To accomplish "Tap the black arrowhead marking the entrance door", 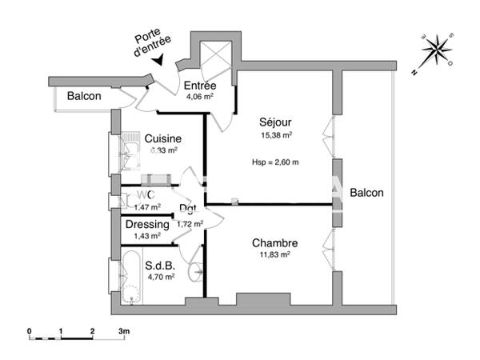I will [161, 59].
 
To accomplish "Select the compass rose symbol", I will [436, 50].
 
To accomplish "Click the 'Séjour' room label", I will [275, 122].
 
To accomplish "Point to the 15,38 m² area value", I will [275, 135].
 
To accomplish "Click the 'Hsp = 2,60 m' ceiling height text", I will [276, 162].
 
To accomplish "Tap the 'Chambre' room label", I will [274, 243].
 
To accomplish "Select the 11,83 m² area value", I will [274, 254].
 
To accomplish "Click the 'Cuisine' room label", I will [162, 138].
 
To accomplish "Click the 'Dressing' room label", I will [147, 225].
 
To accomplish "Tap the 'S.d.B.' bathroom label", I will [160, 266].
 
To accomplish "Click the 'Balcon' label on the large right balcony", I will [366, 193].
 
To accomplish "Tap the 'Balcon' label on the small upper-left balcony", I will [83, 96].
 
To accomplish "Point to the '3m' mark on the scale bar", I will [124, 330].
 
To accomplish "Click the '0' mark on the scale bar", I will [29, 330].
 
